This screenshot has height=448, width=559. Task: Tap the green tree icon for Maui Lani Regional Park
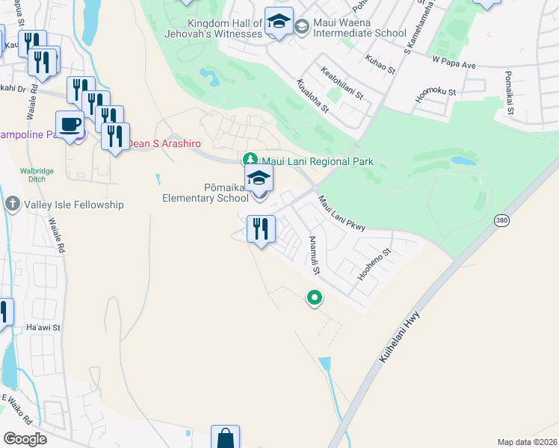pos(250,160)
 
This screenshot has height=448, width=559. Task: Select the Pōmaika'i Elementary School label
pos(206,192)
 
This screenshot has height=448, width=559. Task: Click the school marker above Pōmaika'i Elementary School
pos(259,178)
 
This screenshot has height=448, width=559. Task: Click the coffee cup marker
pos(70,125)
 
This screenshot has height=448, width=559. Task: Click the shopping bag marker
pos(225,438)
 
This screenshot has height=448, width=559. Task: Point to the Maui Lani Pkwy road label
pos(341,214)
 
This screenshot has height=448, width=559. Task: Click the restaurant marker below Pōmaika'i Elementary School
pos(261,228)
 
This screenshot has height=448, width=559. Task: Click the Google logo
pos(25,439)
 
